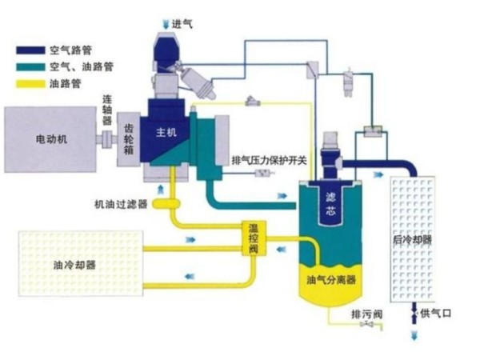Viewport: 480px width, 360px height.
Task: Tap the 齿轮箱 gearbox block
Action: pos(129,138)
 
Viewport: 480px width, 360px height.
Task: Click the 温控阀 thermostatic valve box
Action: pos(255,238)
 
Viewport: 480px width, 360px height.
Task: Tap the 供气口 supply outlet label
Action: pos(436,314)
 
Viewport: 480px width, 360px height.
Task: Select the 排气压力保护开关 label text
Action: pos(270,158)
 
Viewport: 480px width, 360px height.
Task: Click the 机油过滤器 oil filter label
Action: pos(120,204)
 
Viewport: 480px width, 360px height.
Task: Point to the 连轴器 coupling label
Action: pos(107,109)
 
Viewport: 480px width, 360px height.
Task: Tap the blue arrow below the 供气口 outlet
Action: pos(414,336)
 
